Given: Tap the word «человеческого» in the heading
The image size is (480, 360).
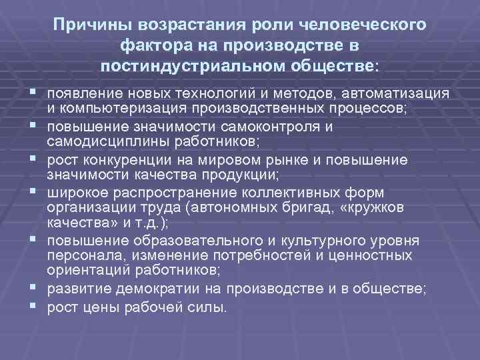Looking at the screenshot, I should pyautogui.click(x=366, y=25).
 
